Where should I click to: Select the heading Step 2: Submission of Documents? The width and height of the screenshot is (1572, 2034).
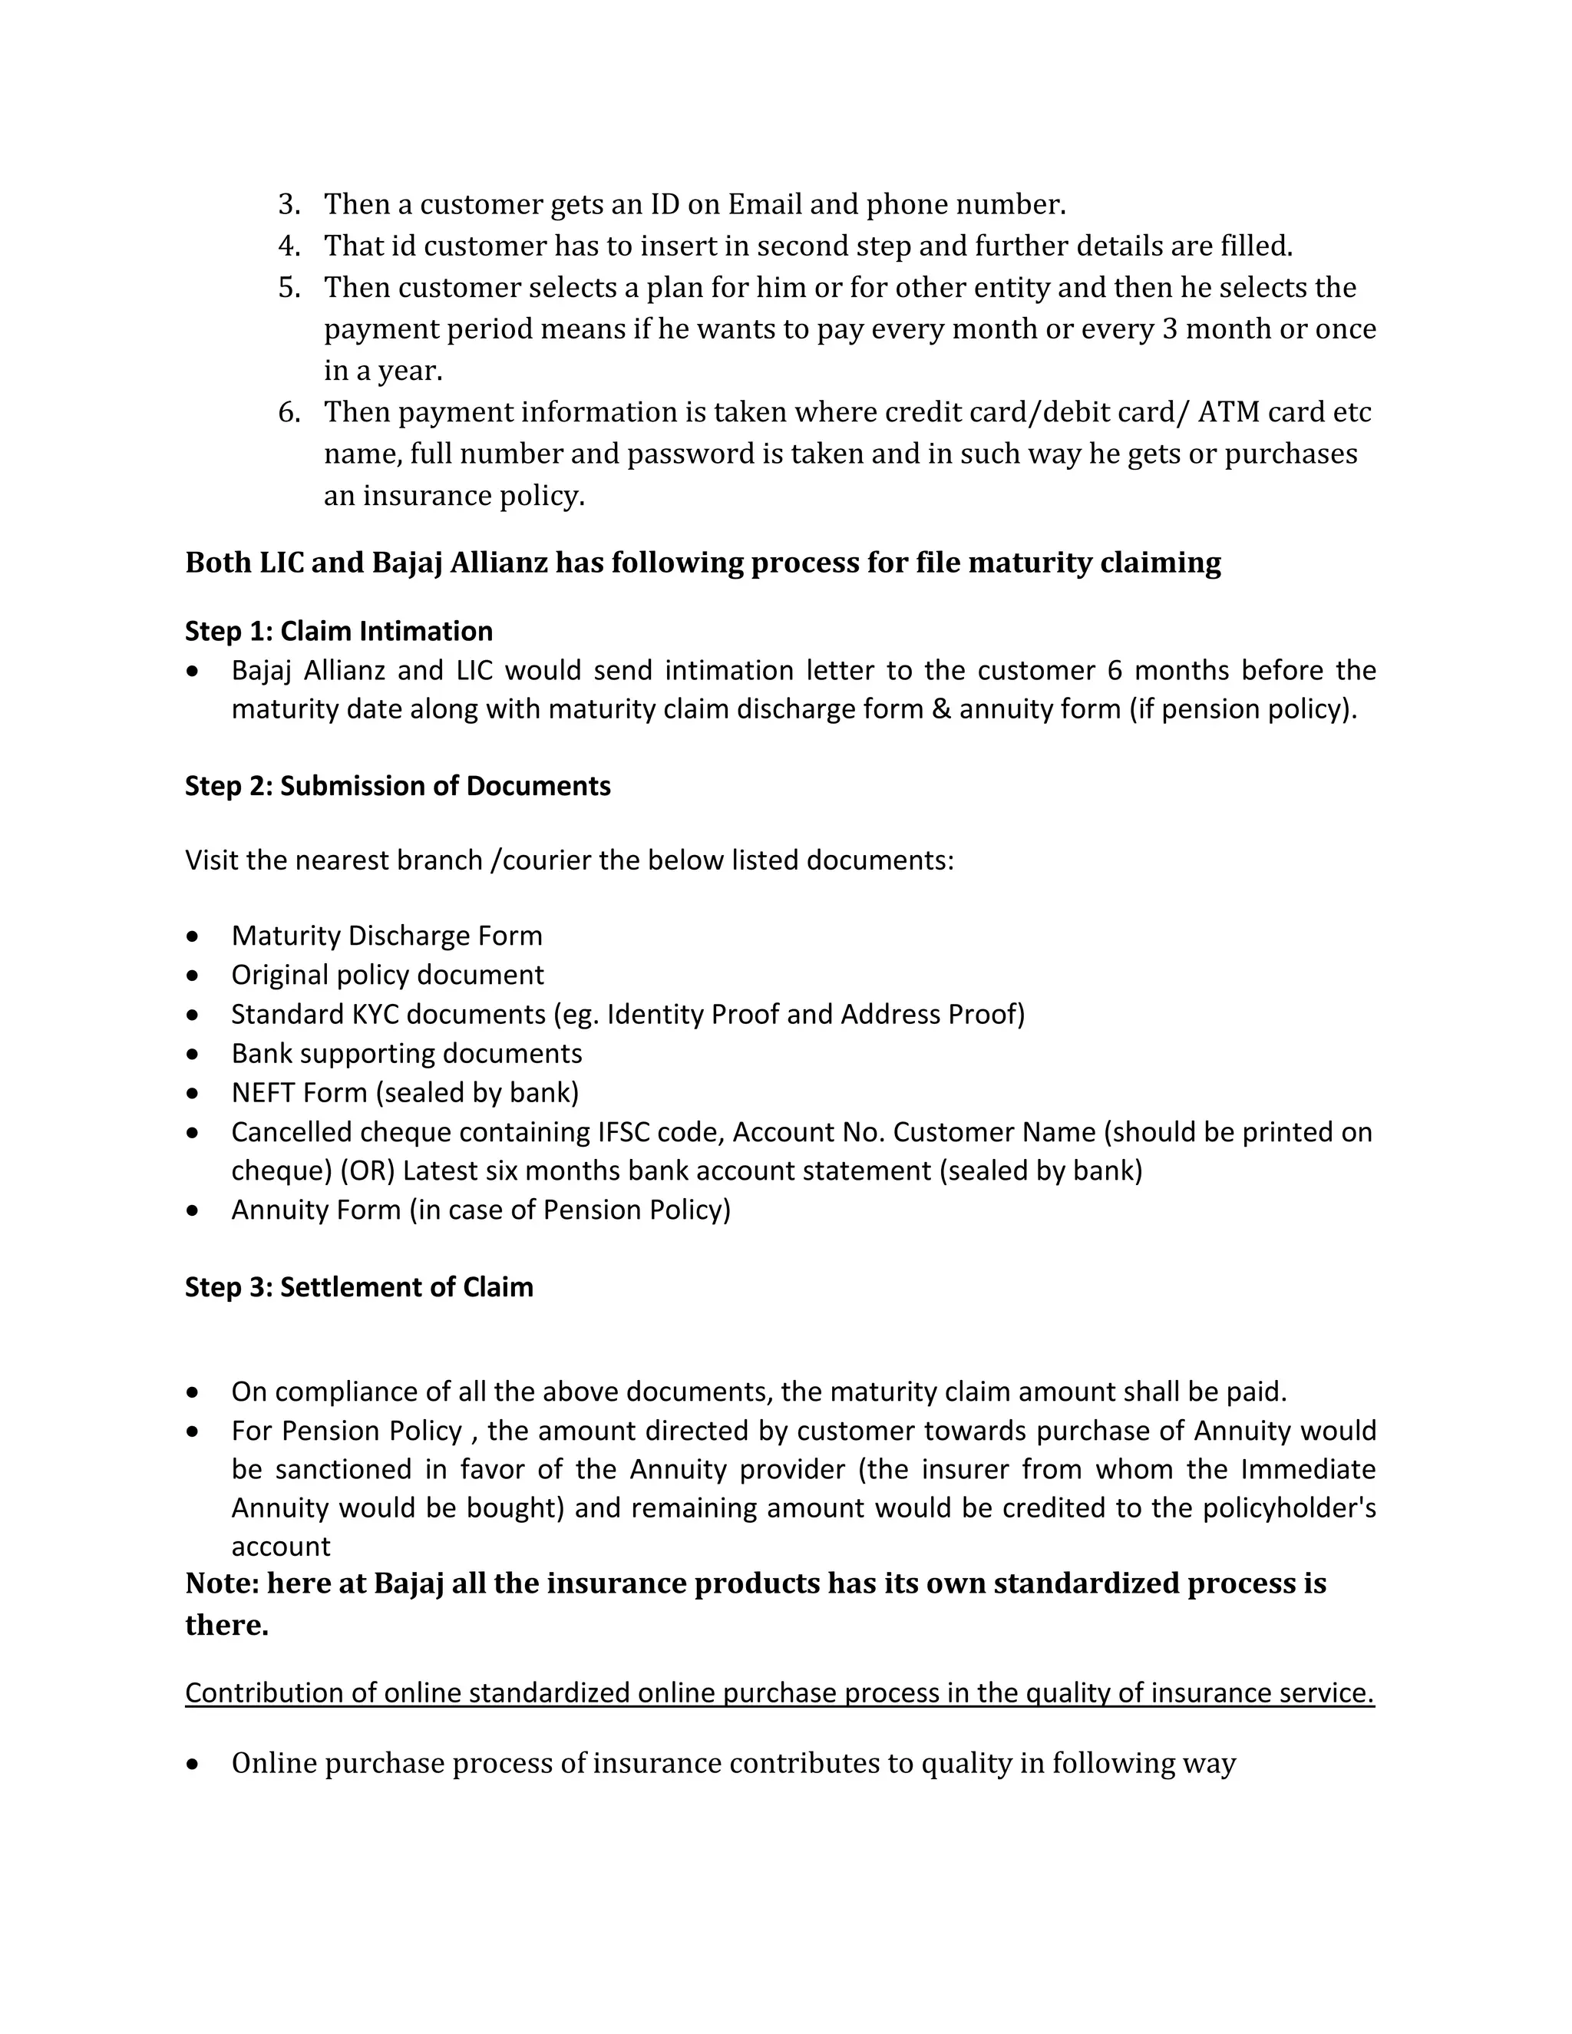click(398, 785)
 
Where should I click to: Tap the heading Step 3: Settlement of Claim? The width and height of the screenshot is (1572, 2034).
click(358, 1286)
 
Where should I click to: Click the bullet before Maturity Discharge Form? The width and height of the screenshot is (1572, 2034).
click(193, 935)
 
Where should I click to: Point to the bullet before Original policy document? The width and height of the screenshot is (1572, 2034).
click(193, 975)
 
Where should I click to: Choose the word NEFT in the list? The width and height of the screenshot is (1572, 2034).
click(263, 1091)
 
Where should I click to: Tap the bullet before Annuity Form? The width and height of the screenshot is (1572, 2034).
click(193, 1210)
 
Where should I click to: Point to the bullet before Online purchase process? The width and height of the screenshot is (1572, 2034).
click(193, 1764)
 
